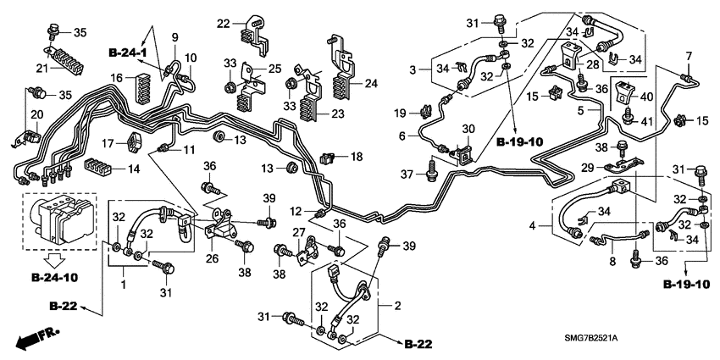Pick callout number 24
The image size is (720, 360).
(x=369, y=83)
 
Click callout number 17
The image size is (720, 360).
(x=108, y=141)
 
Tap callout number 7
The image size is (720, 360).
(x=688, y=56)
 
